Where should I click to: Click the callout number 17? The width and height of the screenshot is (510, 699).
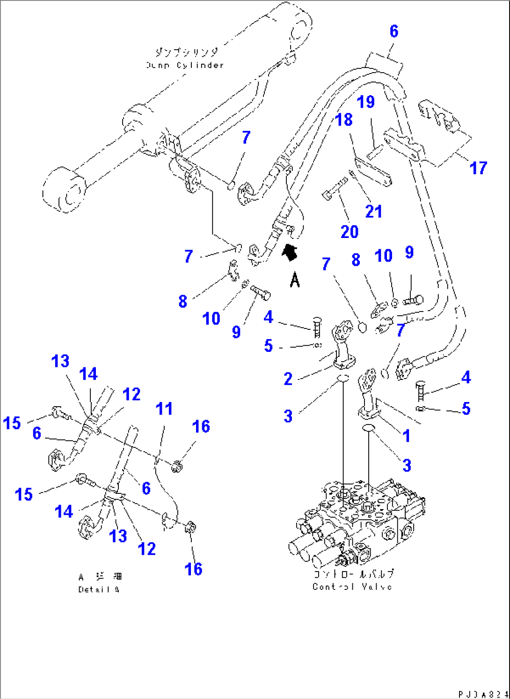(x=478, y=168)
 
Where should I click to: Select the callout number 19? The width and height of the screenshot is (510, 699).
(x=365, y=102)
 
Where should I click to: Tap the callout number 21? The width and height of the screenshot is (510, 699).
(x=373, y=211)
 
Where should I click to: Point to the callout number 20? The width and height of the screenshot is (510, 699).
(x=350, y=231)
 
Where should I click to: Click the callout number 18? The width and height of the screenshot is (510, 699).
(x=344, y=120)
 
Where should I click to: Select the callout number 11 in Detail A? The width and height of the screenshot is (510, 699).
(x=164, y=409)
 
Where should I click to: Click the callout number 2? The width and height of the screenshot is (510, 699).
(x=288, y=379)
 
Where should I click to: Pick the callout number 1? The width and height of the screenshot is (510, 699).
(x=406, y=436)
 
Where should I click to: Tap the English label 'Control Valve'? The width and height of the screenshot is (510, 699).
(x=352, y=587)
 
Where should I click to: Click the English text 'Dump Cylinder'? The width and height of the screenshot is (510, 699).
(x=185, y=65)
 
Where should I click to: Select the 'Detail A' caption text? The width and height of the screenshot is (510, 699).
(x=99, y=589)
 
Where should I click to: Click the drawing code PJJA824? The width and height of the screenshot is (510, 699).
(x=482, y=694)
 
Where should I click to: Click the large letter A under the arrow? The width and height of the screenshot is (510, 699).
(x=294, y=281)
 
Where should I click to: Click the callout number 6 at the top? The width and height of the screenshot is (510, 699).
(x=393, y=31)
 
